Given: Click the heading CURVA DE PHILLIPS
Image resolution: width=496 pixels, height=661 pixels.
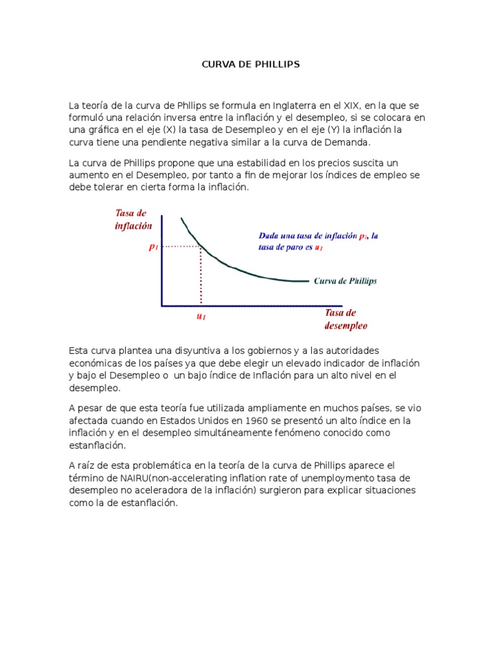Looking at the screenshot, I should pos(249,65).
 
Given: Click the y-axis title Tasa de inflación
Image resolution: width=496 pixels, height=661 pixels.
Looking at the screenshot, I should pos(133,220).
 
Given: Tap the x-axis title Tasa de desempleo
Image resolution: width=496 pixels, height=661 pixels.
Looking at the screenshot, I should pos(346,319).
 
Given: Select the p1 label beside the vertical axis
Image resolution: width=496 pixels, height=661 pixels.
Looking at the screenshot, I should pos(153,247).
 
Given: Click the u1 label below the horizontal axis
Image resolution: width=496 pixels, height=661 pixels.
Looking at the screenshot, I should pos(201,317).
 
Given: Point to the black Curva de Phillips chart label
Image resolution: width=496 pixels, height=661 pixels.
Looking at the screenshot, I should pos(345,281).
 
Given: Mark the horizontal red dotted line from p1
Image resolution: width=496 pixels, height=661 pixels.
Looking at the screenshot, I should pos(181,246).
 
